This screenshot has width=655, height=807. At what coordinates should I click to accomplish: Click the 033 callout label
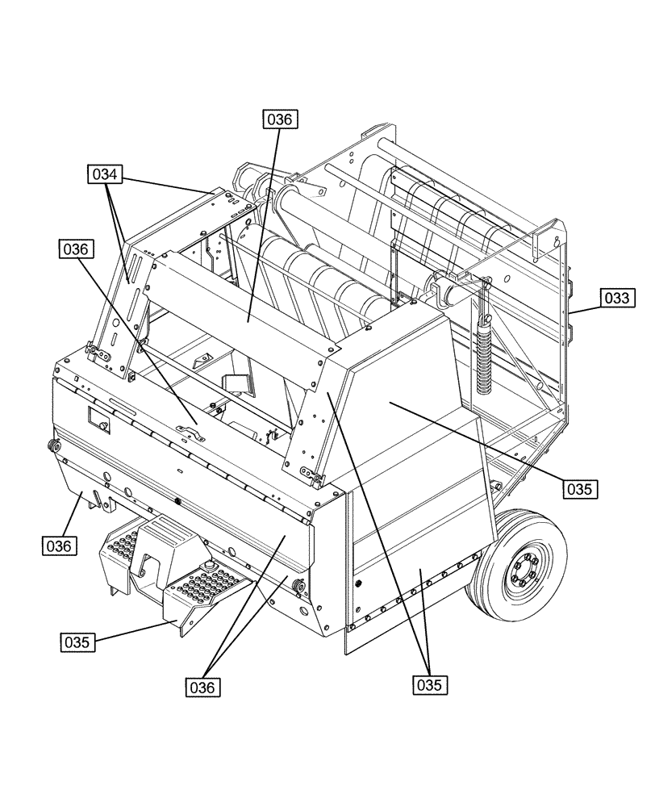pyautogui.click(x=617, y=298)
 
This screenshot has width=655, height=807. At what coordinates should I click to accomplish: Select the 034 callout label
pyautogui.click(x=105, y=174)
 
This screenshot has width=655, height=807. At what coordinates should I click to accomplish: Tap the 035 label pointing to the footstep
pyautogui.click(x=78, y=642)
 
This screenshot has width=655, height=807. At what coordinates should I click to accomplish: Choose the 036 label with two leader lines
pyautogui.click(x=204, y=687)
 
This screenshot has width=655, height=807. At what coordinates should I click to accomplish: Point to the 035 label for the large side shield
pyautogui.click(x=580, y=488)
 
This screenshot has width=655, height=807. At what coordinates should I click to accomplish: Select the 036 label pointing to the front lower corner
pyautogui.click(x=60, y=546)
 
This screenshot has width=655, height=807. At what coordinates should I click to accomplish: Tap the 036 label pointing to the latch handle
pyautogui.click(x=76, y=249)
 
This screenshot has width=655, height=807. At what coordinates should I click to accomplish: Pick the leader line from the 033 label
pyautogui.click(x=582, y=304)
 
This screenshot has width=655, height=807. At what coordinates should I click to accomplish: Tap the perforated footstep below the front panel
pyautogui.click(x=202, y=585)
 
